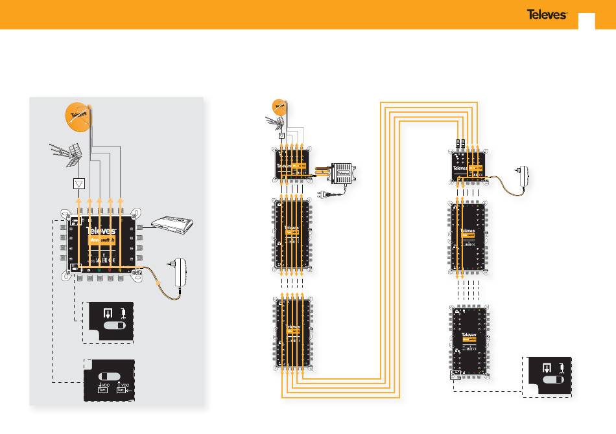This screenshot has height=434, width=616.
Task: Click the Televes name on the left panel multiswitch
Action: tap(101, 230)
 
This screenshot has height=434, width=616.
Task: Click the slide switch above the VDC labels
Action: tap(109, 376)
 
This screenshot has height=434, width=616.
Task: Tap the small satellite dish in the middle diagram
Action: tap(279, 104)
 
